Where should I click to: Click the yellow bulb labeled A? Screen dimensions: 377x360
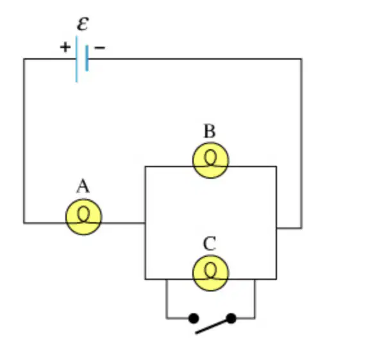tap(83, 217)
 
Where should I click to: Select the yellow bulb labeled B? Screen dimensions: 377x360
tap(210, 160)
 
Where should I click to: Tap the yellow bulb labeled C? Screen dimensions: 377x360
tap(210, 274)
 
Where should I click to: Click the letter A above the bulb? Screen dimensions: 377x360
tap(83, 186)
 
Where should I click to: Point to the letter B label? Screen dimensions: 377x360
tap(210, 131)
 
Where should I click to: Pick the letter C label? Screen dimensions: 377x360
tap(210, 244)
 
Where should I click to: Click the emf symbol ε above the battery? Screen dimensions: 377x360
tap(83, 24)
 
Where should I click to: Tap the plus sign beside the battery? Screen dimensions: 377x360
tap(65, 47)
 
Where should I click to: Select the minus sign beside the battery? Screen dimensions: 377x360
tap(99, 47)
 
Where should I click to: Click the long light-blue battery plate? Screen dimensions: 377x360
tap(77, 59)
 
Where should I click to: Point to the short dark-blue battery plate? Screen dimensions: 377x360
tap(87, 58)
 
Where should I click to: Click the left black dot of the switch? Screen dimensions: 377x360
tap(194, 318)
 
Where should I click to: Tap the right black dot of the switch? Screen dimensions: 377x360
tap(231, 318)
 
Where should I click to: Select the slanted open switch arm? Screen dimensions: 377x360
tap(213, 326)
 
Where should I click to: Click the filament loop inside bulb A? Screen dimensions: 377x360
tap(83, 214)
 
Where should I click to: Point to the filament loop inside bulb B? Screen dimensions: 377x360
tap(210, 158)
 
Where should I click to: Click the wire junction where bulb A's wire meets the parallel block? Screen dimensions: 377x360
tap(145, 223)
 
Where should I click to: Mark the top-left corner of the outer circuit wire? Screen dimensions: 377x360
tap(24, 59)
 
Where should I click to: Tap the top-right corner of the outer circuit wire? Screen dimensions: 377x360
tap(301, 59)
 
